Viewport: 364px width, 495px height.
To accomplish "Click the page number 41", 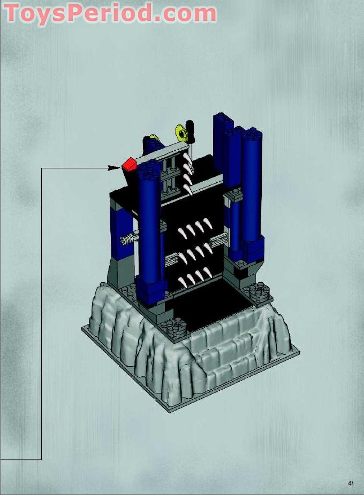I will pyautogui.click(x=351, y=483).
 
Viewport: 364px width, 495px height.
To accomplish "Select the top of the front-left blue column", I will pyautogui.click(x=148, y=170).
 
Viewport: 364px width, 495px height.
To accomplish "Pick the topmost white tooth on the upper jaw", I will pyautogui.click(x=187, y=157).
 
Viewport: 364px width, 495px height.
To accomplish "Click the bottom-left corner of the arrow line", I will pyautogui.click(x=41, y=459).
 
